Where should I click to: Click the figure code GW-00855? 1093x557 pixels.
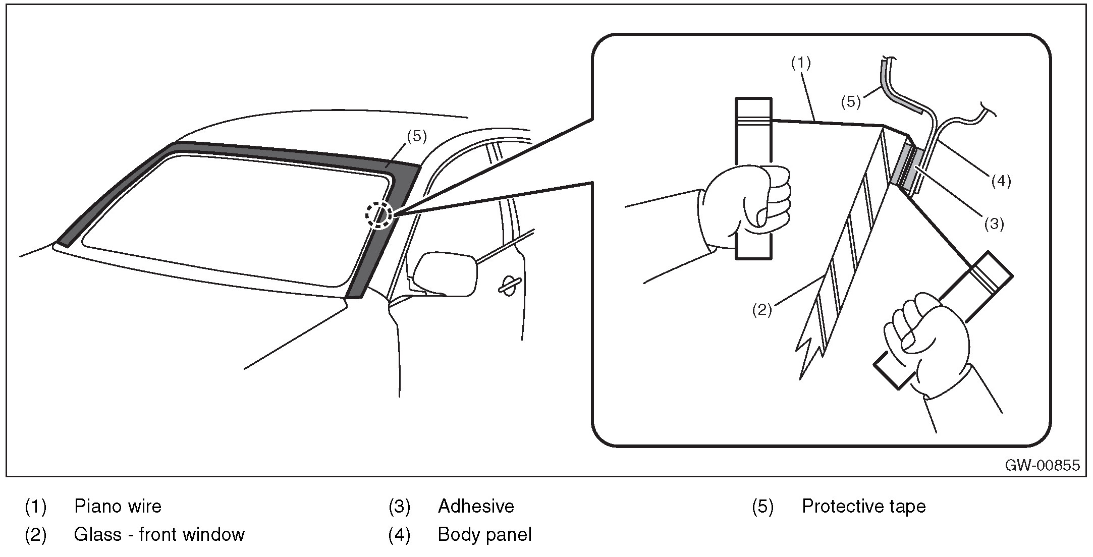coord(1042,465)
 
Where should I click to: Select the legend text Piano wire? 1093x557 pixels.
coord(118,506)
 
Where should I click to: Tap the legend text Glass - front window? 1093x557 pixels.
coord(159,534)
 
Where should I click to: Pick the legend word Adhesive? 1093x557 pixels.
coord(476,506)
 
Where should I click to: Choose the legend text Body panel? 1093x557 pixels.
coord(484,534)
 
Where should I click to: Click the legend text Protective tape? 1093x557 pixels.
coord(863,506)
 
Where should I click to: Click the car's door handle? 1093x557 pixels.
coord(510,284)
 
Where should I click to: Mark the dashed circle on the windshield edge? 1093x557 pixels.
coord(379,215)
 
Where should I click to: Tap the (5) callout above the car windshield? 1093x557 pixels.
coord(417,136)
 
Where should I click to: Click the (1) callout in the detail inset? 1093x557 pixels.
coord(800,63)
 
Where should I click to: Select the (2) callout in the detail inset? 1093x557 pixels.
coord(762,309)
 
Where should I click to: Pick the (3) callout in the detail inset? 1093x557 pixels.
coord(994,224)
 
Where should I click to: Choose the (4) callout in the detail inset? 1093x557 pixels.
coord(1001,181)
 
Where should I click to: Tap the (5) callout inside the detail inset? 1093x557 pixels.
coord(851,101)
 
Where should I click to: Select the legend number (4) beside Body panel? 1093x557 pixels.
coord(399,534)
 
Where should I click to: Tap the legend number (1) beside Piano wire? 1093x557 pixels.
coord(35,506)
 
